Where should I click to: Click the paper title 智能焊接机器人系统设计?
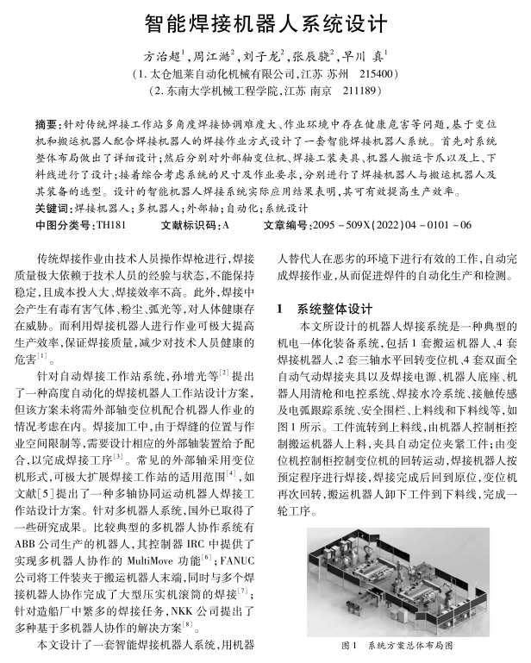(x=265, y=20)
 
